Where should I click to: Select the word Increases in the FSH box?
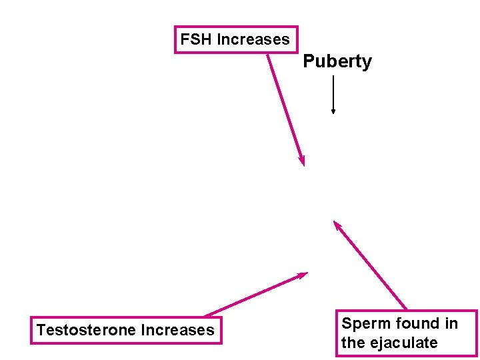tap(253, 39)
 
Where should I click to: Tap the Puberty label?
tap(337, 62)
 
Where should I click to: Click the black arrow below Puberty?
tap(333, 93)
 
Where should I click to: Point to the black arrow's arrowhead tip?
tap(333, 113)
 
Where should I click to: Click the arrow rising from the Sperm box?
tap(370, 265)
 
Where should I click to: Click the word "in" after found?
tap(452, 324)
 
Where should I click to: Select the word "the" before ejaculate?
tap(353, 343)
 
